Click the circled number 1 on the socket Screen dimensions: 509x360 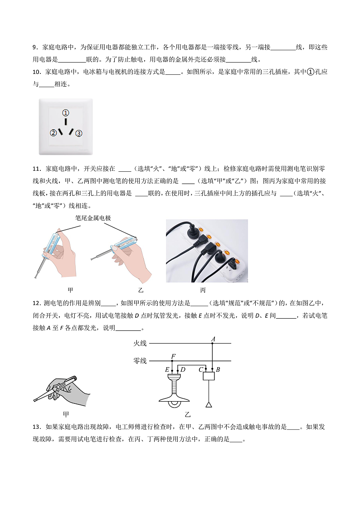pos(66,113)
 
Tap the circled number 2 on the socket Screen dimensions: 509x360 pos(53,133)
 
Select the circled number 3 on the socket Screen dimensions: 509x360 pos(78,133)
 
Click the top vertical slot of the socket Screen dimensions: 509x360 pos(66,122)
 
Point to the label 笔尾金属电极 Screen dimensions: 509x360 pos(93,218)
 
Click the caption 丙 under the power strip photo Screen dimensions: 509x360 pos(203,290)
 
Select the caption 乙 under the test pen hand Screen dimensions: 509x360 pos(141,290)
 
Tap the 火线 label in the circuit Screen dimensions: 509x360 pos(140,344)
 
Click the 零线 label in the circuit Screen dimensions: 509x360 pos(140,361)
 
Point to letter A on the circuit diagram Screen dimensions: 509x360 pos(213,339)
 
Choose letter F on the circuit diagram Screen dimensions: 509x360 pos(173,356)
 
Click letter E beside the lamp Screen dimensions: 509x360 pos(167,369)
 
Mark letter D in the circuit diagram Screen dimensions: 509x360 pos(183,369)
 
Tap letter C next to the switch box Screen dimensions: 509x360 pos(200,369)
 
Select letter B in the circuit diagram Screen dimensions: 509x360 pos(218,369)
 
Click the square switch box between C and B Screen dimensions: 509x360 pos(209,376)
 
